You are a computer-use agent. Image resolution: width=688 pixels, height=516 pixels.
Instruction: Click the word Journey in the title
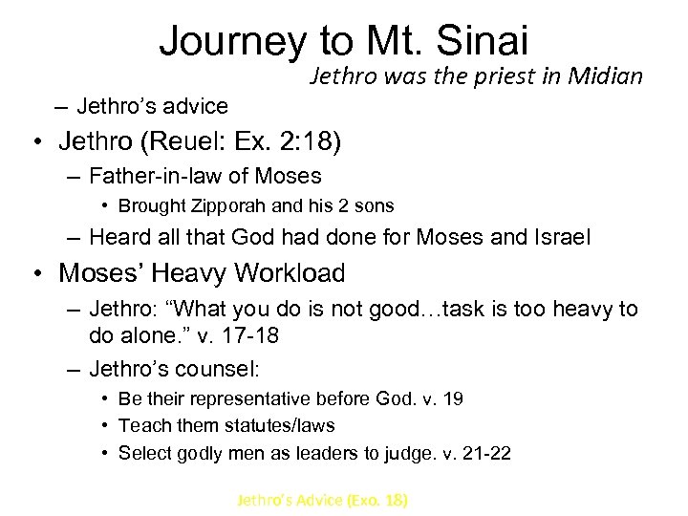pos(233,42)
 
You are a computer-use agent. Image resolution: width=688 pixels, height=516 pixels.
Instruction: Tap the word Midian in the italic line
pos(607,76)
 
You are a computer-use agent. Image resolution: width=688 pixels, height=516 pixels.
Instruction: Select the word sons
pos(374,205)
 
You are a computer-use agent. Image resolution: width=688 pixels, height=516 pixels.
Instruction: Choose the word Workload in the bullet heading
pos(291,273)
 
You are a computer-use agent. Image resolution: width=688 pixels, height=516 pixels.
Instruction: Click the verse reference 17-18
pos(258,335)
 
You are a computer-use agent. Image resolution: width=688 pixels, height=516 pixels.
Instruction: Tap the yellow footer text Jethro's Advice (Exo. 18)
pos(323,499)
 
